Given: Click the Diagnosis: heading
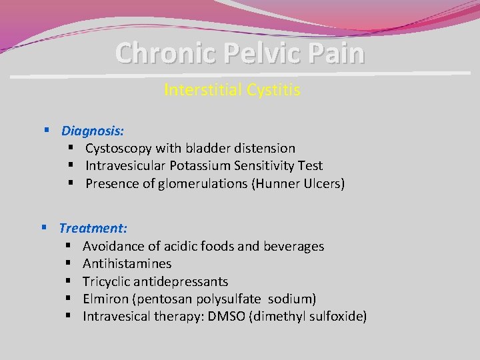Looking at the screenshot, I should (93, 131).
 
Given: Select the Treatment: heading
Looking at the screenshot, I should (93, 229).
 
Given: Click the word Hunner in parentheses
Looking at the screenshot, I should (279, 184).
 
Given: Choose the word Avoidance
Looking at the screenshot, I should (114, 247).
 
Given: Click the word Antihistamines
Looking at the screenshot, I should (127, 264).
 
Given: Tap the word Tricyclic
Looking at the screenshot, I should (109, 281).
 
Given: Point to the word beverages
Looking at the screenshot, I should (293, 247).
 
